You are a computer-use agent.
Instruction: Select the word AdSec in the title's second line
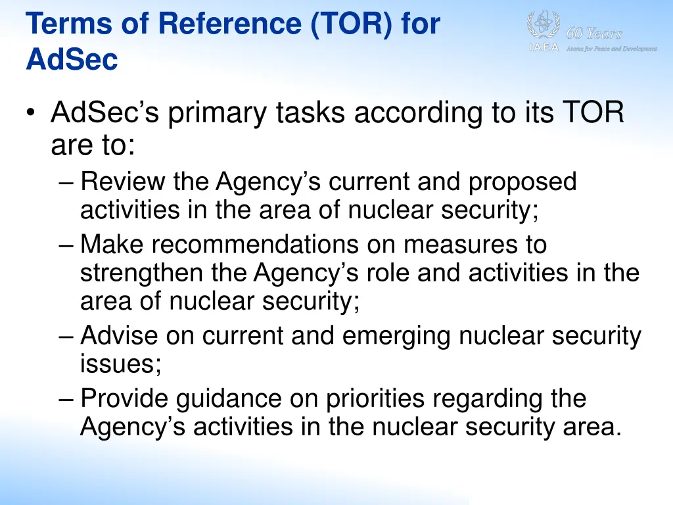[x=72, y=60]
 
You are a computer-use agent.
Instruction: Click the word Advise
[x=119, y=336]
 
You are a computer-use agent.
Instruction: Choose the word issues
[x=120, y=363]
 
